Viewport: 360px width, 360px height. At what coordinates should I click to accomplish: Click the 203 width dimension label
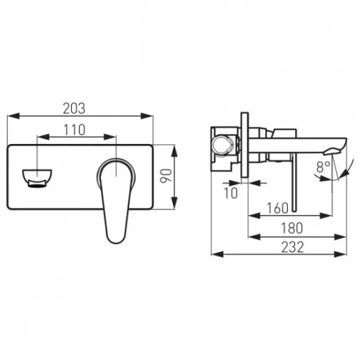[x=74, y=109]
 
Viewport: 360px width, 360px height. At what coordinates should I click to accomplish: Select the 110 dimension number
[x=74, y=130]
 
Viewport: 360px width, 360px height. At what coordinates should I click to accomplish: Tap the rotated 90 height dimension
[x=166, y=176]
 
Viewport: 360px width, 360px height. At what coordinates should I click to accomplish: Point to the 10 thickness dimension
[x=230, y=193]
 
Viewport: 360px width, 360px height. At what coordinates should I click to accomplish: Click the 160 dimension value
[x=278, y=208]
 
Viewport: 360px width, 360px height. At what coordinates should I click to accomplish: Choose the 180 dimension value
[x=292, y=228]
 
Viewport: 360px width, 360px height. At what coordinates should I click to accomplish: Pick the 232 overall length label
[x=292, y=247]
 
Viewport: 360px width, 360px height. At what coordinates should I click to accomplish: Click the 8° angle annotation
[x=323, y=167]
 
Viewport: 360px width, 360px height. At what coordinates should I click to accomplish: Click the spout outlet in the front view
[x=37, y=178]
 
